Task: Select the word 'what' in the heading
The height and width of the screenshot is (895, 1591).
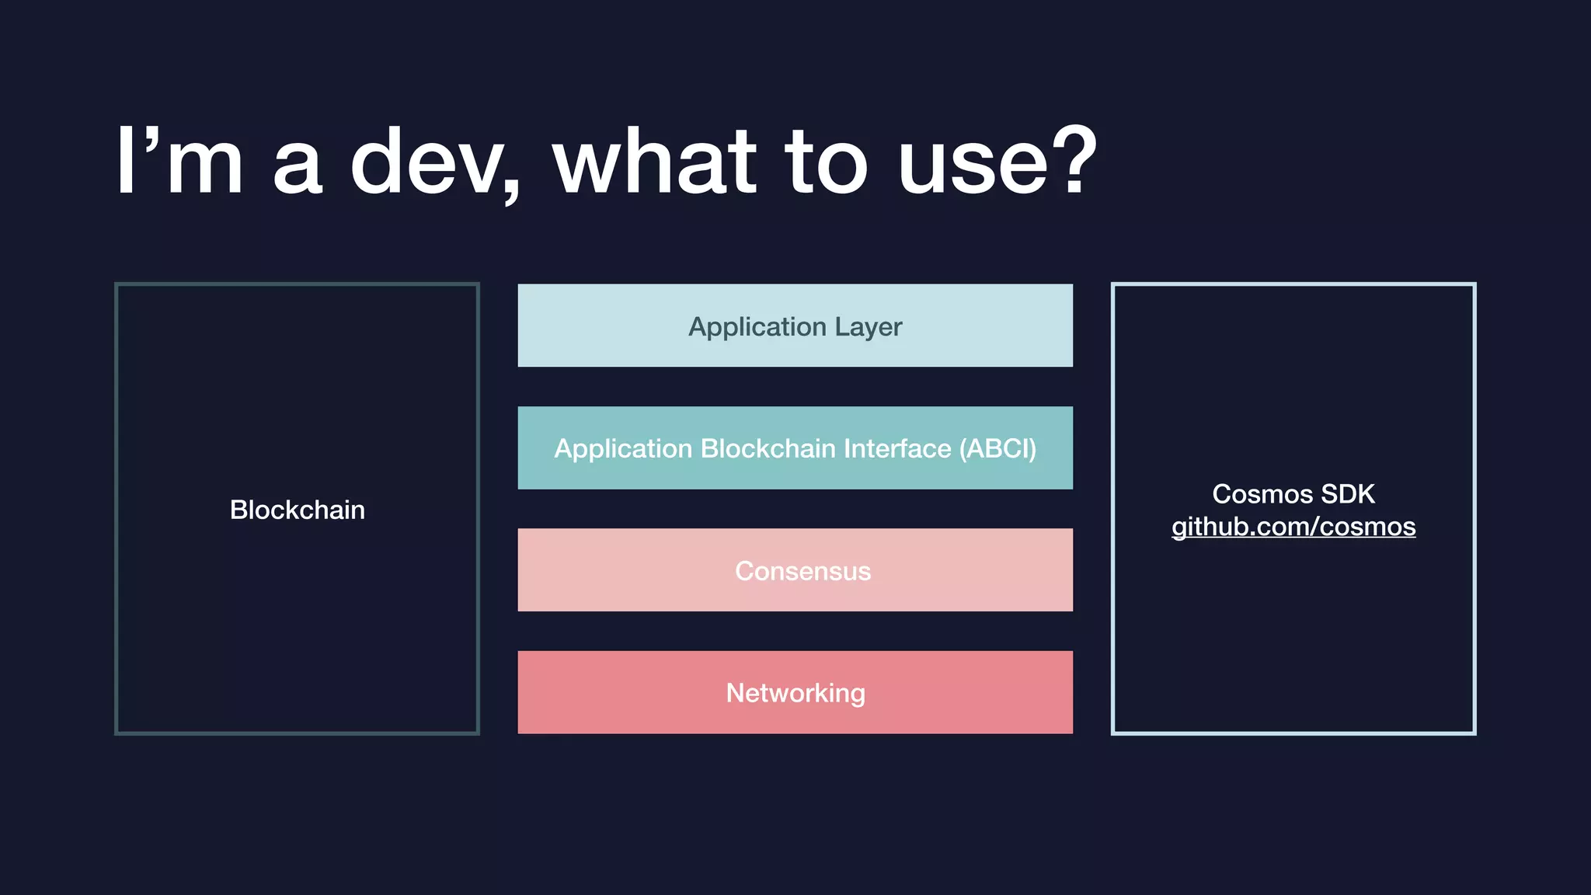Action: pos(654,163)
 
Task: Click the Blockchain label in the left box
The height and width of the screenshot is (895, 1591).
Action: pos(297,510)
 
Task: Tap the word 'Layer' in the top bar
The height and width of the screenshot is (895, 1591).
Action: pos(868,327)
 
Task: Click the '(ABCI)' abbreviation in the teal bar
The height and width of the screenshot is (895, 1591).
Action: pos(997,448)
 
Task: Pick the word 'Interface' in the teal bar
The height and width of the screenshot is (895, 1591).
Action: pos(896,448)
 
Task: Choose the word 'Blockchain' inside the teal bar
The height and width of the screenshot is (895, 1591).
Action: pos(768,448)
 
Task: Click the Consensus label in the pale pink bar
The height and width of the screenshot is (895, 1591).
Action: pos(802,571)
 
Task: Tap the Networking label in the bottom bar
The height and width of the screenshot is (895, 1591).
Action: pos(795,693)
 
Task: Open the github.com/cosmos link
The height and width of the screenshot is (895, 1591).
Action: pos(1293,527)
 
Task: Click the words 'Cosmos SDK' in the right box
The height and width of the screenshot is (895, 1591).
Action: pos(1293,494)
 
